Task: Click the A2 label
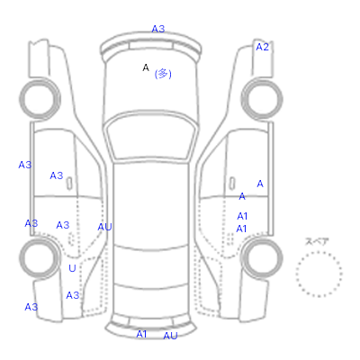tap(262, 47)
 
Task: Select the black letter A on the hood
tap(146, 67)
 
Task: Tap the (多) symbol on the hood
tap(163, 74)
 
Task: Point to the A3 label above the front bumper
tap(158, 29)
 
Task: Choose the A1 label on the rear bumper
tap(141, 334)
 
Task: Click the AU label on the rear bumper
tap(170, 336)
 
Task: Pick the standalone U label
tap(72, 268)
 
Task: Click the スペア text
tap(317, 241)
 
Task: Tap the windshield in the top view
tap(151, 137)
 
